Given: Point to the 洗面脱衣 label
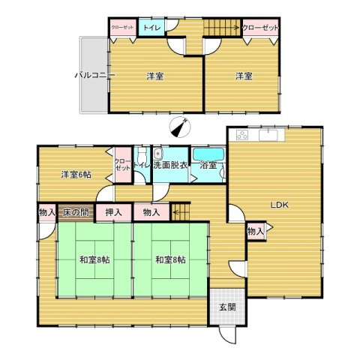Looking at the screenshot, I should [170, 166].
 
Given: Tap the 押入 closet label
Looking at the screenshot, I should [114, 213].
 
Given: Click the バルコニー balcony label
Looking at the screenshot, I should [93, 75].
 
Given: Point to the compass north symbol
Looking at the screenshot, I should [177, 127].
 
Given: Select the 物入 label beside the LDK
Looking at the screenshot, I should [255, 232].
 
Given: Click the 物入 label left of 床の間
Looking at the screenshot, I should [46, 213].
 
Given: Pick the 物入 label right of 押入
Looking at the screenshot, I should [151, 213].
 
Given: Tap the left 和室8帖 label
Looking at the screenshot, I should [94, 260].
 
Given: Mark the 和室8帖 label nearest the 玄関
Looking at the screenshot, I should [169, 260].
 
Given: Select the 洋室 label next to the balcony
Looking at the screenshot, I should [155, 76].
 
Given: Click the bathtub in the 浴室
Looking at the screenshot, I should [207, 154].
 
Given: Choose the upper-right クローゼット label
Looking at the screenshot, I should [261, 27].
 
